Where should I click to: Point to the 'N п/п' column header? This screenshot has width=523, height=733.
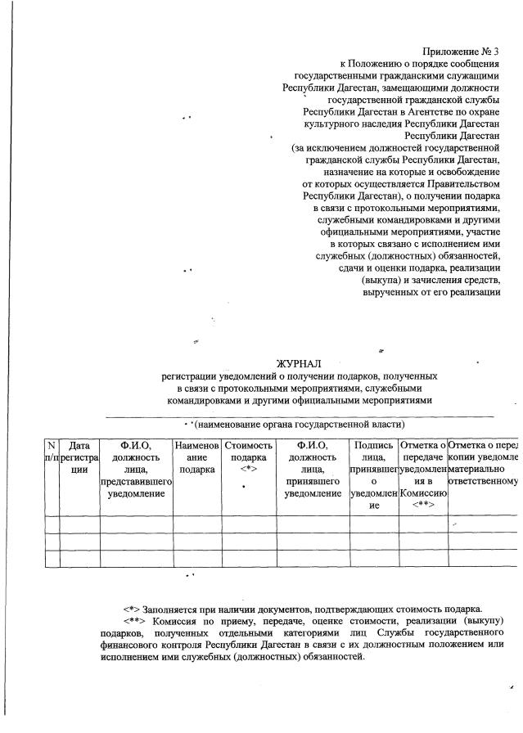[52, 451]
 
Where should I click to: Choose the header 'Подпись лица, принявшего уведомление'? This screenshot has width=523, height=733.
[373, 475]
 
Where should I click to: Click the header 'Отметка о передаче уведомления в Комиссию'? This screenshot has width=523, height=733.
[423, 475]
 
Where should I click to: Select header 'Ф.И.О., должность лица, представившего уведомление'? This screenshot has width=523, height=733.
[136, 470]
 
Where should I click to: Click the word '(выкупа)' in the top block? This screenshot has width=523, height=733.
[381, 281]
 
